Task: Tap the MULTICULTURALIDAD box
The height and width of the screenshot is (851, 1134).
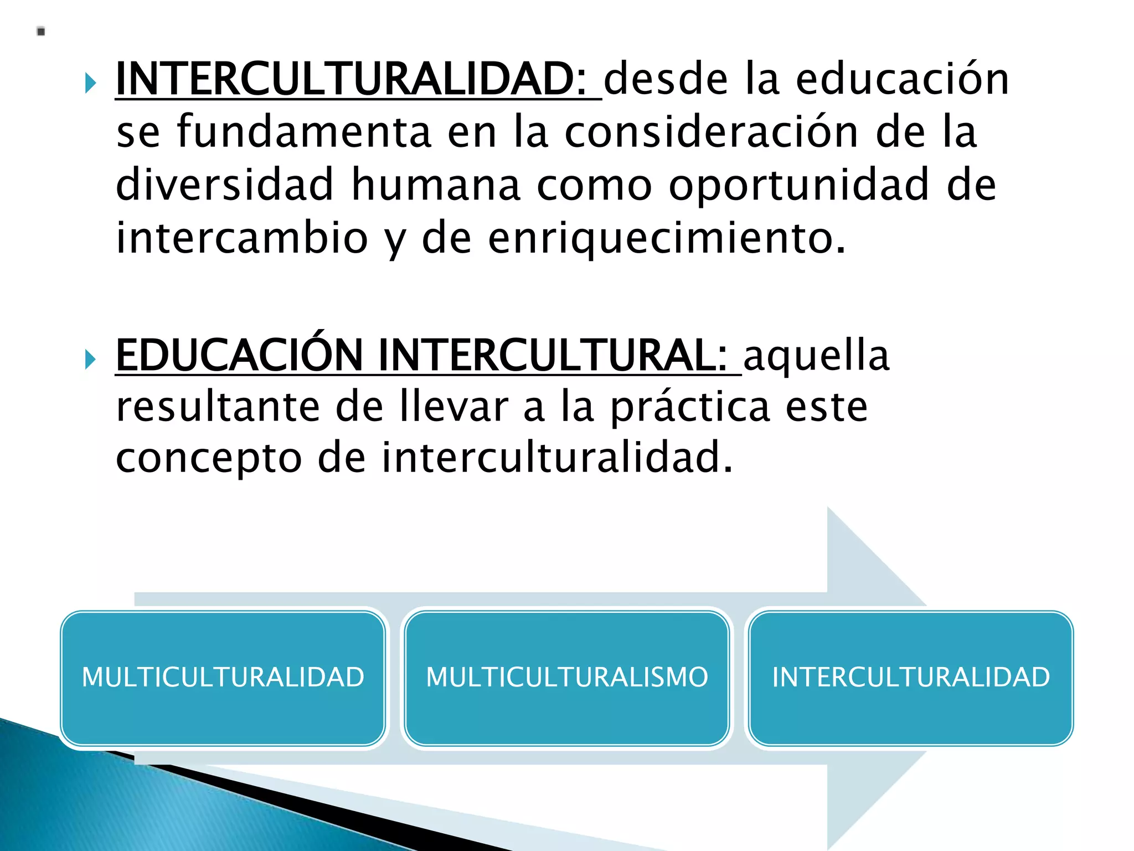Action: pos(223,678)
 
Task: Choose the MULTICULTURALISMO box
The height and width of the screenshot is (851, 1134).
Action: pos(566,678)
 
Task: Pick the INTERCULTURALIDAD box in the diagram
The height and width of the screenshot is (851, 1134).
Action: pos(911,678)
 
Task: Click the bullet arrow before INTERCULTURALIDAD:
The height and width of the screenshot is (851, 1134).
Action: pos(91,84)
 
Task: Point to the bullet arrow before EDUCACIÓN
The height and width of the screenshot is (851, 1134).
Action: pos(91,360)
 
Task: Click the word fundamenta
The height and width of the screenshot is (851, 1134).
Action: pos(304,132)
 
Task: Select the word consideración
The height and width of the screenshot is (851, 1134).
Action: pos(712,132)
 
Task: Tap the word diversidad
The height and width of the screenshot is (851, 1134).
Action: pos(225,184)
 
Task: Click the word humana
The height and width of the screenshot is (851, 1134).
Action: pos(436,184)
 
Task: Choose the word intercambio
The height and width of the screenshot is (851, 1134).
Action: pos(242,238)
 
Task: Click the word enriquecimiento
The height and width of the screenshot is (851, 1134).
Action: pos(667,238)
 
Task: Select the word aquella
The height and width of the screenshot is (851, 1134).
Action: pos(816,356)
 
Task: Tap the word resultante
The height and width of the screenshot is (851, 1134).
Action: pos(218,407)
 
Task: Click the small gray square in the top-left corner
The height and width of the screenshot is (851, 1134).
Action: pos(41,32)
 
